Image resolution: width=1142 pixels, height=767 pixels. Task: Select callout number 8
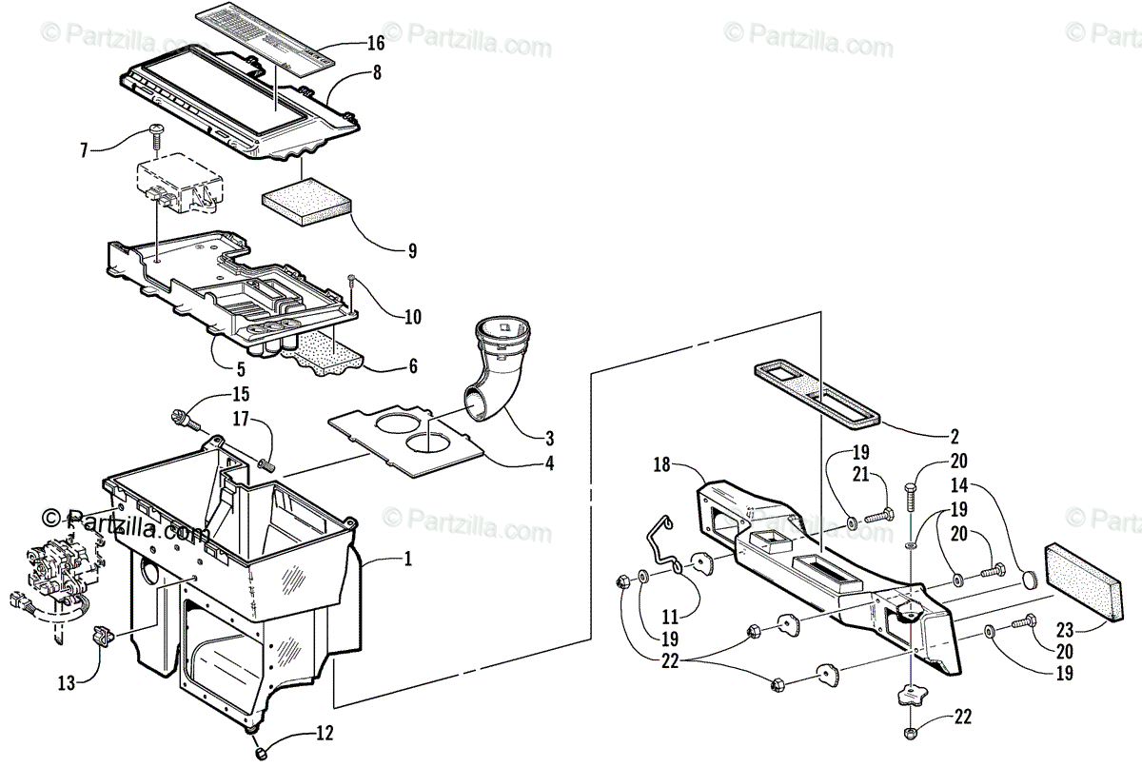point(377,72)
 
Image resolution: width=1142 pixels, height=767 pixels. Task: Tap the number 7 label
point(84,149)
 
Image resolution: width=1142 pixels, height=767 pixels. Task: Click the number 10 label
point(412,316)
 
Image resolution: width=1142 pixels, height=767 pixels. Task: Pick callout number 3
point(550,439)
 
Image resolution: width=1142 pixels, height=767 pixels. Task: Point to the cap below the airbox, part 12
point(259,755)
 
